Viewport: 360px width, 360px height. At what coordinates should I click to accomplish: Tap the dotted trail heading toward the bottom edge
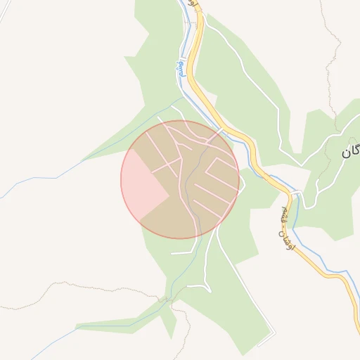(187, 330)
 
